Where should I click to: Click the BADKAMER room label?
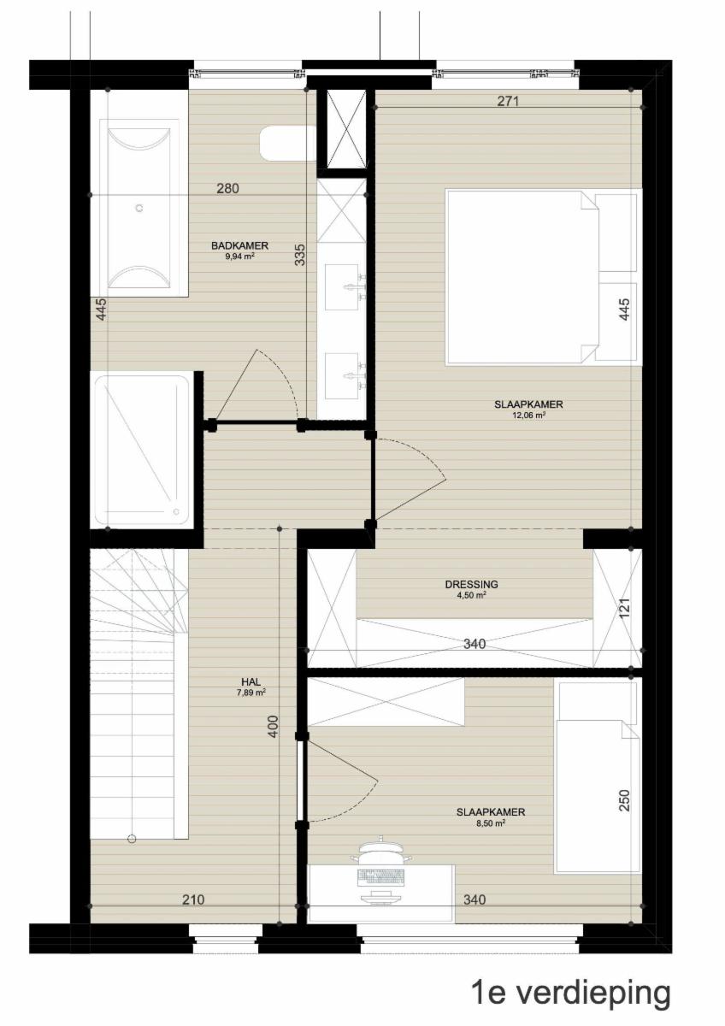(x=239, y=245)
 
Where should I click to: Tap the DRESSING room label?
(x=471, y=585)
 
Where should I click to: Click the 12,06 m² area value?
(x=528, y=416)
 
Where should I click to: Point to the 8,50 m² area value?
(x=491, y=823)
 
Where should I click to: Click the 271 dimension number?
(x=508, y=101)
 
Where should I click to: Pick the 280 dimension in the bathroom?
(x=227, y=188)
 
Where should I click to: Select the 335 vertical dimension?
(x=299, y=255)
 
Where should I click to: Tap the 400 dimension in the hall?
(x=273, y=726)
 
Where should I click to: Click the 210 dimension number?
(x=193, y=899)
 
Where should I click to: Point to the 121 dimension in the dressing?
(x=625, y=607)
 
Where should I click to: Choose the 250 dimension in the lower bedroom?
(x=624, y=800)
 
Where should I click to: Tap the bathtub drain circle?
(x=139, y=208)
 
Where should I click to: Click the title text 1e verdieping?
(x=570, y=991)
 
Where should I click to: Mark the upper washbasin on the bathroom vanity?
(x=341, y=287)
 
